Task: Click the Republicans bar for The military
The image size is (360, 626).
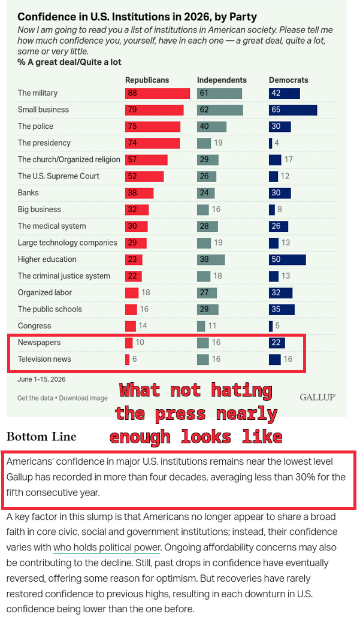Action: point(158,93)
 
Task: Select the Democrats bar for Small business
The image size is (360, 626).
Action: point(293,110)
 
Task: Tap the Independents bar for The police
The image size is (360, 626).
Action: point(211,126)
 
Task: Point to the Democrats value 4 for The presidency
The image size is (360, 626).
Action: point(277,143)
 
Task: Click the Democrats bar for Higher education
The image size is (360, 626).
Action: point(288,259)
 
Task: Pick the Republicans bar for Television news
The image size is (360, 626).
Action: point(128,359)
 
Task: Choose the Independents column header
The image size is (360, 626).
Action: point(222,80)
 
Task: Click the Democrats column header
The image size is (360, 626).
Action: point(289,80)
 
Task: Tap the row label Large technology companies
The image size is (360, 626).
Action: point(68,243)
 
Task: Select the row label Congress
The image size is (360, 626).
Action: point(34,326)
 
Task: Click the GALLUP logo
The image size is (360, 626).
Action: point(317,397)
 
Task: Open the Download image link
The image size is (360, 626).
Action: point(83,398)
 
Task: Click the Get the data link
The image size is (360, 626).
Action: point(35,398)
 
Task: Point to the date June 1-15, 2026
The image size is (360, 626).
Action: point(41,379)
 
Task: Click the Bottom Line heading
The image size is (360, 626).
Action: point(41,436)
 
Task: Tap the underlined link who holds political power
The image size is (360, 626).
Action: point(107,548)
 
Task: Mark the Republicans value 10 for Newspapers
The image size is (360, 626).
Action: point(140,343)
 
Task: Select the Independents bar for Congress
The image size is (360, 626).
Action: point(201,326)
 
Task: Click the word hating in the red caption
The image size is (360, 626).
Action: point(242,390)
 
